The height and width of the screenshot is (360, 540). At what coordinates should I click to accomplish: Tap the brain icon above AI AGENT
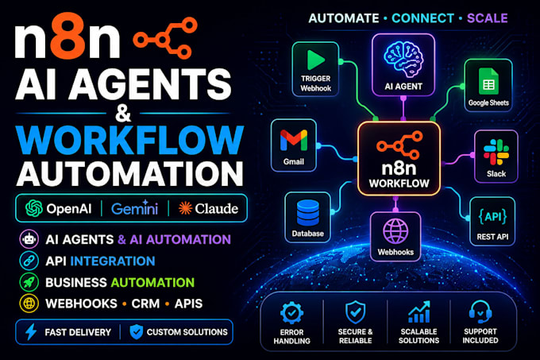tap(403, 60)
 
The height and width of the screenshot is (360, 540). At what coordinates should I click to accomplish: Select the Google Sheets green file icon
tap(488, 81)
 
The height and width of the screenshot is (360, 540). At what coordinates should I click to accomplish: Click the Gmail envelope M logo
tap(294, 141)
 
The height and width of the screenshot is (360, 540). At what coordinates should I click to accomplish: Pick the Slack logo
tap(496, 153)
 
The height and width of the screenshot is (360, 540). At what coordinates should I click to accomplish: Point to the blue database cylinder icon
tap(308, 213)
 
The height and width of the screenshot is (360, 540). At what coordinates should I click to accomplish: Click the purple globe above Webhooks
tap(395, 231)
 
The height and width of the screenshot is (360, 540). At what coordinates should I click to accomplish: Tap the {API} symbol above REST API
tap(492, 217)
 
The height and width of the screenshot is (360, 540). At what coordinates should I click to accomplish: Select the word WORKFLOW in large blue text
tap(129, 140)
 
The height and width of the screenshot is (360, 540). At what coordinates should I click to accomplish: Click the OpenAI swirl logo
tap(34, 208)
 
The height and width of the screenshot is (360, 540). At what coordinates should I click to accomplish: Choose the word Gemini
tap(135, 208)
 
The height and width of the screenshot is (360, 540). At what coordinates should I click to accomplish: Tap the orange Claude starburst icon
tap(185, 208)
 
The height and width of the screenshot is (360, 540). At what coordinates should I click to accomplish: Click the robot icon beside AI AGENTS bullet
tap(29, 239)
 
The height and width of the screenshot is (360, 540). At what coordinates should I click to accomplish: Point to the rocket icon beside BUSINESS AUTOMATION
tap(29, 282)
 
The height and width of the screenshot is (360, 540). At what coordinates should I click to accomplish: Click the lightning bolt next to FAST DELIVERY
tap(31, 331)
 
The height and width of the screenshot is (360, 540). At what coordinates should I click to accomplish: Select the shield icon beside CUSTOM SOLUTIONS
tap(137, 331)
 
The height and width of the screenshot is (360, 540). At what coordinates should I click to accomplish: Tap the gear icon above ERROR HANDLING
tap(291, 313)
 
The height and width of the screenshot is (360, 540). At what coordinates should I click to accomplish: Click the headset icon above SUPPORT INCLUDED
tap(480, 312)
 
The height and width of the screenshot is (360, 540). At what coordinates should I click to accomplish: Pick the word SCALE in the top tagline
tap(488, 18)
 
